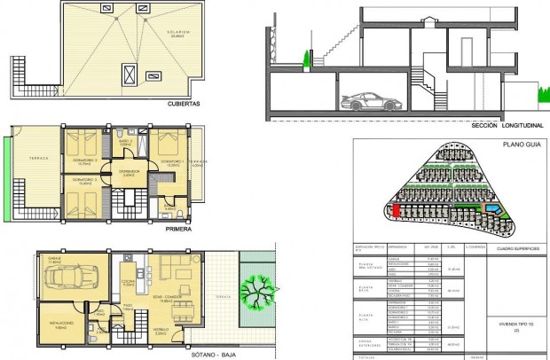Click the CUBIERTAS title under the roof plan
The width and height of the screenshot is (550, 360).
click(x=183, y=104)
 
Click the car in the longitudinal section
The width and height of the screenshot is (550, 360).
click(x=365, y=101)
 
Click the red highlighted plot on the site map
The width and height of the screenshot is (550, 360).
click(x=397, y=210)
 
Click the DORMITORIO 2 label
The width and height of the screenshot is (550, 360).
click(x=86, y=161)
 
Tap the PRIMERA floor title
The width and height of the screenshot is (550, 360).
click(x=179, y=226)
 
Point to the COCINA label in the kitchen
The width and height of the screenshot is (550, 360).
click(x=128, y=283)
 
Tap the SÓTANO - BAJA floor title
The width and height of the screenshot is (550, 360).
click(x=183, y=352)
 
